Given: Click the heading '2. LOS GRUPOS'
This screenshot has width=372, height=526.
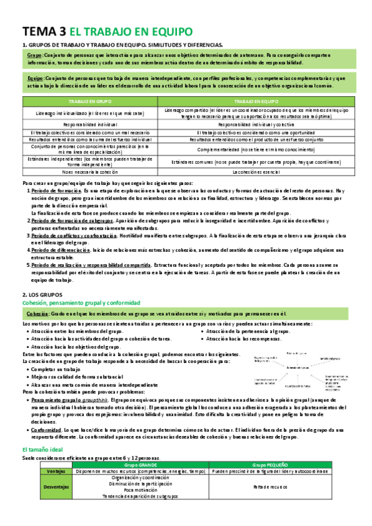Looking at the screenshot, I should [x=40, y=295].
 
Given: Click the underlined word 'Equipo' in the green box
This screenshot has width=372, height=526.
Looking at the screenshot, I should [x=35, y=79].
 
